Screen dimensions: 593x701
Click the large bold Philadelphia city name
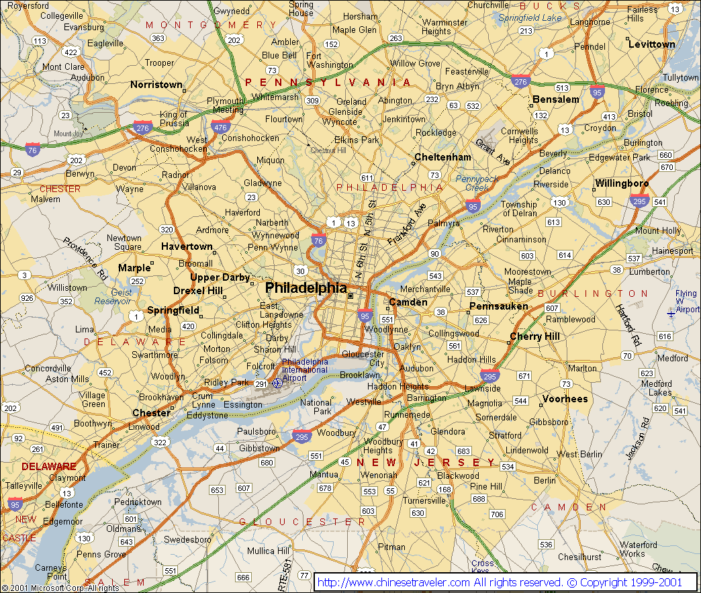[x=306, y=288]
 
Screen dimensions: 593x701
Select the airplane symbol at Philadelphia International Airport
[x=278, y=383]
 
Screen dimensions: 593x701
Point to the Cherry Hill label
[x=534, y=336]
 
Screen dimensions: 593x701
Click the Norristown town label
[x=156, y=85]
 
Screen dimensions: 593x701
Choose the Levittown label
[x=651, y=44]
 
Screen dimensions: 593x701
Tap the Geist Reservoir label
[x=113, y=297]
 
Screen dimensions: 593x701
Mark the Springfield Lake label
[x=530, y=18]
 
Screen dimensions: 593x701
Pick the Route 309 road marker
[x=312, y=100]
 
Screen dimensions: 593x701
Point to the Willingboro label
[x=621, y=183]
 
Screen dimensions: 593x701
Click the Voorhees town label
[x=565, y=398]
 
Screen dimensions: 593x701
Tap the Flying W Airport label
[x=686, y=302]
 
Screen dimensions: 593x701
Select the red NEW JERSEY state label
[x=427, y=463]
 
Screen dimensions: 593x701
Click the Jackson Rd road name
[x=638, y=438]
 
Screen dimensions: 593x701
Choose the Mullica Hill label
[x=268, y=551]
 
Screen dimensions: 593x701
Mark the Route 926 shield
[x=27, y=298]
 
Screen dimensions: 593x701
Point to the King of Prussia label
[x=173, y=119]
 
